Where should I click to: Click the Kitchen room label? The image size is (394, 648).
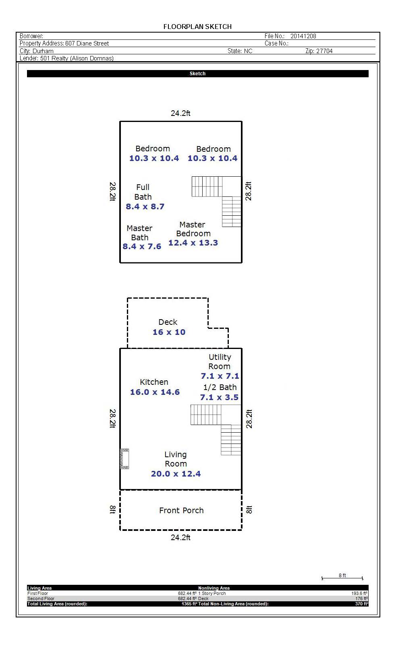tap(154, 382)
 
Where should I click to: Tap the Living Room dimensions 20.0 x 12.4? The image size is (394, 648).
tap(176, 474)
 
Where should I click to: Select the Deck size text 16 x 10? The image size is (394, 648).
tap(169, 332)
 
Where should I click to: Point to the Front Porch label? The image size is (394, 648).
tap(182, 510)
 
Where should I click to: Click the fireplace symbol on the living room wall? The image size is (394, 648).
tap(124, 458)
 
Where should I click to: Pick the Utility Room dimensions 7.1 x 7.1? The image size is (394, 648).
tap(220, 376)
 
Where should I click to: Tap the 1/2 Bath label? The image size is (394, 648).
tap(220, 387)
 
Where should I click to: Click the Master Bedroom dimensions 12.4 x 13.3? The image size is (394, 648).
tap(193, 243)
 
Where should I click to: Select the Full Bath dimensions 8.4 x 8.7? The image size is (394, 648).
tap(145, 206)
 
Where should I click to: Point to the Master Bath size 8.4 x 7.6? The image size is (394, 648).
tap(142, 246)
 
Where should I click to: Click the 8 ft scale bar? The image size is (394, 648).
tap(342, 578)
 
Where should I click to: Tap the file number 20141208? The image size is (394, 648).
tap(303, 36)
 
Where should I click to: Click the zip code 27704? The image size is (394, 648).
tap(325, 51)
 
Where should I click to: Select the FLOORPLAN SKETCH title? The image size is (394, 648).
tap(197, 27)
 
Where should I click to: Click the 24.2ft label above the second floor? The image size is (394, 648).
tap(180, 113)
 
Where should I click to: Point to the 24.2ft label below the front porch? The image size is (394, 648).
tap(180, 537)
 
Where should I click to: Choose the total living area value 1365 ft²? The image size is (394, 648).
tap(189, 604)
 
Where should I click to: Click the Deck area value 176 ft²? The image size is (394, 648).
tap(362, 598)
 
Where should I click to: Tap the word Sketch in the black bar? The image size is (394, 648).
tap(197, 74)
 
